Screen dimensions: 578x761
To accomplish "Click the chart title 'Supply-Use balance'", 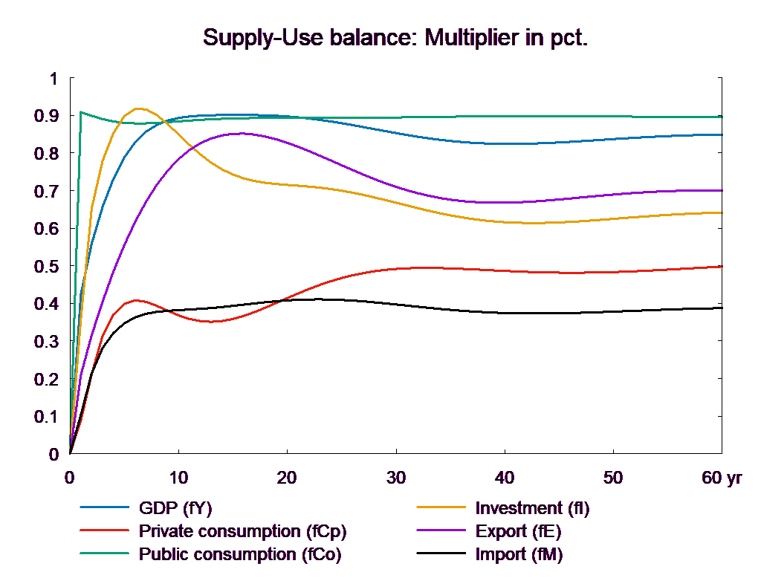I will pyautogui.click(x=395, y=38).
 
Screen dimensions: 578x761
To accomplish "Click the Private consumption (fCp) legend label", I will pyautogui.click(x=242, y=531).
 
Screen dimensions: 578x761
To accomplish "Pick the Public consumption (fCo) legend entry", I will pyautogui.click(x=240, y=554).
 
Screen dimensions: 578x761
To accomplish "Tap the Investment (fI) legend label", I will pyautogui.click(x=532, y=508).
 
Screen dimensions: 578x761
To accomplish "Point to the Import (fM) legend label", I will pyautogui.click(x=519, y=554).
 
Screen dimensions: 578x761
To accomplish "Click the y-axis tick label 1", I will pyautogui.click(x=53, y=79).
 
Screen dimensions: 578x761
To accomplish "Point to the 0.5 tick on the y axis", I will pyautogui.click(x=49, y=266).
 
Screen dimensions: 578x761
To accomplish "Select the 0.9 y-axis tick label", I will pyautogui.click(x=49, y=116).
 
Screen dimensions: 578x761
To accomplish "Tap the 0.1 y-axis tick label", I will pyautogui.click(x=49, y=416).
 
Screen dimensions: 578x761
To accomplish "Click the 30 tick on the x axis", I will pyautogui.click(x=396, y=478).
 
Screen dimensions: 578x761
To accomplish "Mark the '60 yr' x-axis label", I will pyautogui.click(x=722, y=478).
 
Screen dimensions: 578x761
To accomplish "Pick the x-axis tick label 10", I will pyautogui.click(x=178, y=478).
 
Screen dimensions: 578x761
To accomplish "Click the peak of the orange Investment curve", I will pyautogui.click(x=138, y=108).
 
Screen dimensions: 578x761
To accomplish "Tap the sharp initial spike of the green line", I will pyautogui.click(x=80, y=112).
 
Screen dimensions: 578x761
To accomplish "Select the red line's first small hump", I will pyautogui.click(x=136, y=300).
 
